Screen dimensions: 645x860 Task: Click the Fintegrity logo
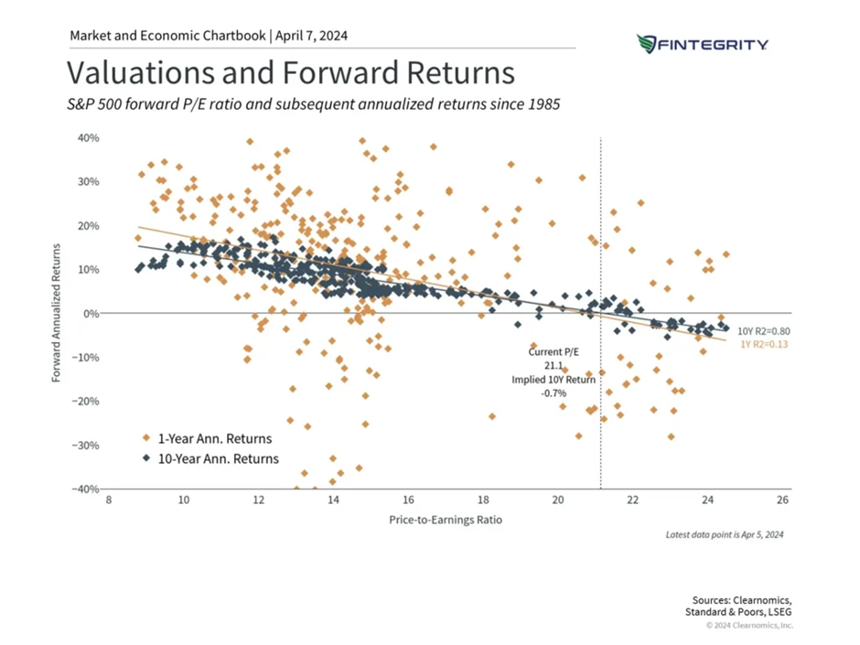[x=702, y=44]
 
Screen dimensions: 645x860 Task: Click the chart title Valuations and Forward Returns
[x=291, y=72]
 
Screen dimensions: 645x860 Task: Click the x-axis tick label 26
[x=782, y=501]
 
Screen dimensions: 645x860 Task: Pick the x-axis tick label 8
[x=109, y=501]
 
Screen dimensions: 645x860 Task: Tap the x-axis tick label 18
[x=482, y=501]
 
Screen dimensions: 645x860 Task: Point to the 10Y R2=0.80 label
[x=763, y=330]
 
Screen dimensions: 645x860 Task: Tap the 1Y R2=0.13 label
[x=762, y=344]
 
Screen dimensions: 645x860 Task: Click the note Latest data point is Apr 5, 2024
[x=726, y=533]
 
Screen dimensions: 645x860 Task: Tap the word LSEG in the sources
[x=779, y=610]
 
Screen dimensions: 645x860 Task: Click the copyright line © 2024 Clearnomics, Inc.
[x=749, y=625]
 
